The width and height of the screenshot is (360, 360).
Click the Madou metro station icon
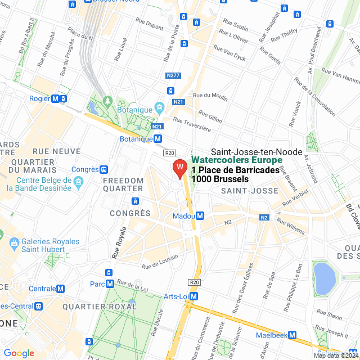[x=200, y=216]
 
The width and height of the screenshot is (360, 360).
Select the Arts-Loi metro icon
[x=194, y=296]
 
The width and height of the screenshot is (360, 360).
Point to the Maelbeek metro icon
[x=292, y=335]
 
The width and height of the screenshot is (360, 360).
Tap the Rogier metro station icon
[x=55, y=98]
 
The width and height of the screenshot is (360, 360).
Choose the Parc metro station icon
[x=110, y=284]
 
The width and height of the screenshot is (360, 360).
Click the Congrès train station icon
[x=104, y=169]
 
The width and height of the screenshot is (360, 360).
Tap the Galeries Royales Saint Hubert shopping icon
[x=14, y=245]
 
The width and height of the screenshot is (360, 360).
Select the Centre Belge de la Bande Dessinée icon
[x=78, y=182]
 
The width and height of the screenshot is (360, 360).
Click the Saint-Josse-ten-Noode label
[x=256, y=152]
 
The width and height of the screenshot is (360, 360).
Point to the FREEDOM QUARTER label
[x=123, y=184]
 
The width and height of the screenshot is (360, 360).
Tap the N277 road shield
[x=173, y=75]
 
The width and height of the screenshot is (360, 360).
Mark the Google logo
[x=19, y=353]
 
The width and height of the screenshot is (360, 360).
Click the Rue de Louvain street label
[x=160, y=261]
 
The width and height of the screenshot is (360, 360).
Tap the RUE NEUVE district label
[x=56, y=151]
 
